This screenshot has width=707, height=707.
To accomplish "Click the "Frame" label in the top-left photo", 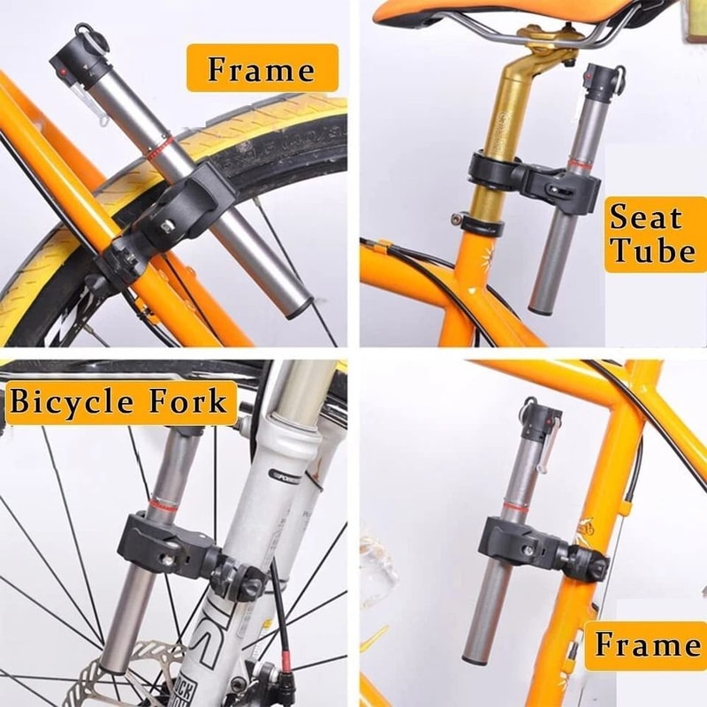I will pyautogui.click(x=262, y=69).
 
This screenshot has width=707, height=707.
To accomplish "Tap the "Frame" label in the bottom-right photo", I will pyautogui.click(x=647, y=645).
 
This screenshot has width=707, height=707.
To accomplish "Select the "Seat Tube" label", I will pyautogui.click(x=652, y=234).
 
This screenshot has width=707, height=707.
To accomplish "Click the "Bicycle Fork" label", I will pyautogui.click(x=118, y=403).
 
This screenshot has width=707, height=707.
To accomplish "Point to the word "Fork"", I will pyautogui.click(x=186, y=403).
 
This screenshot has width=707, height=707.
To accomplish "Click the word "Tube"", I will pyautogui.click(x=652, y=251).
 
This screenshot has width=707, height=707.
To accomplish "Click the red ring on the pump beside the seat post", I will pyautogui.click(x=581, y=165).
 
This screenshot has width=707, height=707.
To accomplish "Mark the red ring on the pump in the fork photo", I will pyautogui.click(x=163, y=505).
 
